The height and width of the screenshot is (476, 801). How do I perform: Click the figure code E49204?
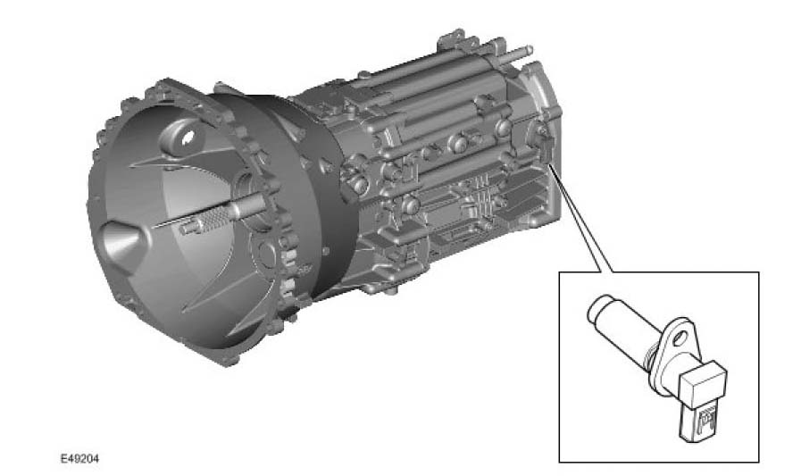click(x=79, y=459)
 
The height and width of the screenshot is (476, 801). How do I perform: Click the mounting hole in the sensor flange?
click(x=680, y=338)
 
